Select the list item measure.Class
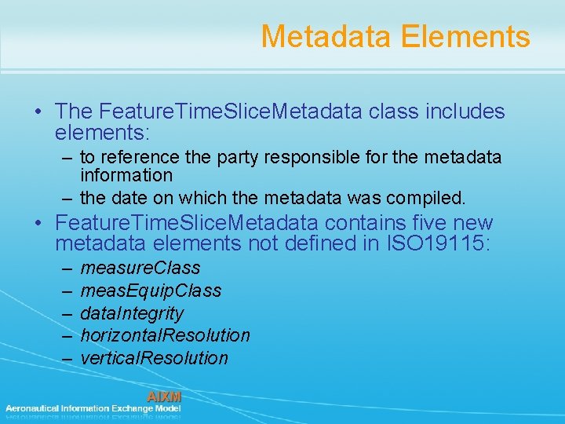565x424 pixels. point(140,268)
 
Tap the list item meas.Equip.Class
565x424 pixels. point(151,291)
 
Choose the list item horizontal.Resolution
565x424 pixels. point(165,335)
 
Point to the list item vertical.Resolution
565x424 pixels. point(154,358)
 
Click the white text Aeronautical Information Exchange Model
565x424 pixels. point(93,408)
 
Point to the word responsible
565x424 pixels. point(296,158)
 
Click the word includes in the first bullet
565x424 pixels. point(465,112)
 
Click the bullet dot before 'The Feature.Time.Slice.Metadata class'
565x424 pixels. point(38,112)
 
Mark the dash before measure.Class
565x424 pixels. point(65,268)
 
